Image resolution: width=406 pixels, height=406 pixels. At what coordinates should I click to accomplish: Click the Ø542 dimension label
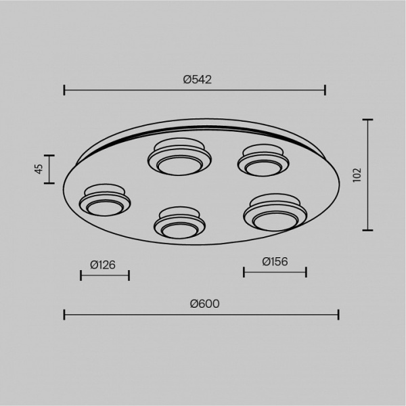(x=198, y=79)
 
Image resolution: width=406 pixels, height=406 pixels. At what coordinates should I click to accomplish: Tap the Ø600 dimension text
(x=204, y=304)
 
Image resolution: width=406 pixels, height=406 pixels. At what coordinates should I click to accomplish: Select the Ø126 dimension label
(x=103, y=265)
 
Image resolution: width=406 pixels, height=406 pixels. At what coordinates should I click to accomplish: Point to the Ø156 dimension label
(x=275, y=261)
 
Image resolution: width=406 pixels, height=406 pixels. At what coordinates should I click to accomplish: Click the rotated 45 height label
(x=39, y=168)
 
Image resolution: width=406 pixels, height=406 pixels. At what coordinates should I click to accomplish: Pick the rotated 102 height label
(x=357, y=175)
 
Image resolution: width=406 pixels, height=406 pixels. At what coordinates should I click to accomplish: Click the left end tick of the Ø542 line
(x=64, y=90)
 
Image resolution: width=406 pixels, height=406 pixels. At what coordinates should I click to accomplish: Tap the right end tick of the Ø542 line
(x=325, y=90)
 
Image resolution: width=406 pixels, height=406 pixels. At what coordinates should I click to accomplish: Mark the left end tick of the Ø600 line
(x=64, y=315)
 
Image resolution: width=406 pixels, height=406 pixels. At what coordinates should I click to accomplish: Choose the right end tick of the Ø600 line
(x=338, y=315)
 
